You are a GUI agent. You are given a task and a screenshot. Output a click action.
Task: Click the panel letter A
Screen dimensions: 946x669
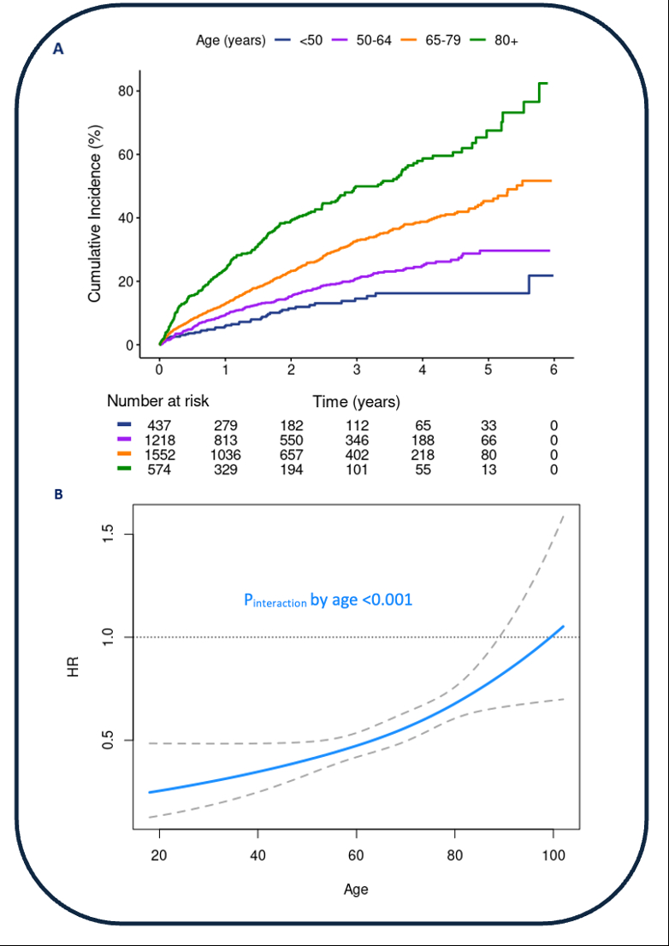click(58, 50)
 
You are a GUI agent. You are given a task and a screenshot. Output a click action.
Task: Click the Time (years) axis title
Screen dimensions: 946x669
click(356, 400)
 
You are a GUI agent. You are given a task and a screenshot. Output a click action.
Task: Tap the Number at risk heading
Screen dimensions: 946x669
click(157, 400)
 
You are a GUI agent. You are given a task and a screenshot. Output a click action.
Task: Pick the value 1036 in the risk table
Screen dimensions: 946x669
click(225, 455)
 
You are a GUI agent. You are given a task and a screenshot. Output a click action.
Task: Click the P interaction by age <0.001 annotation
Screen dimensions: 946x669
click(329, 600)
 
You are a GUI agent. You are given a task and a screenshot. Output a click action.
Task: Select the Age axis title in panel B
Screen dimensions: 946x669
click(356, 889)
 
